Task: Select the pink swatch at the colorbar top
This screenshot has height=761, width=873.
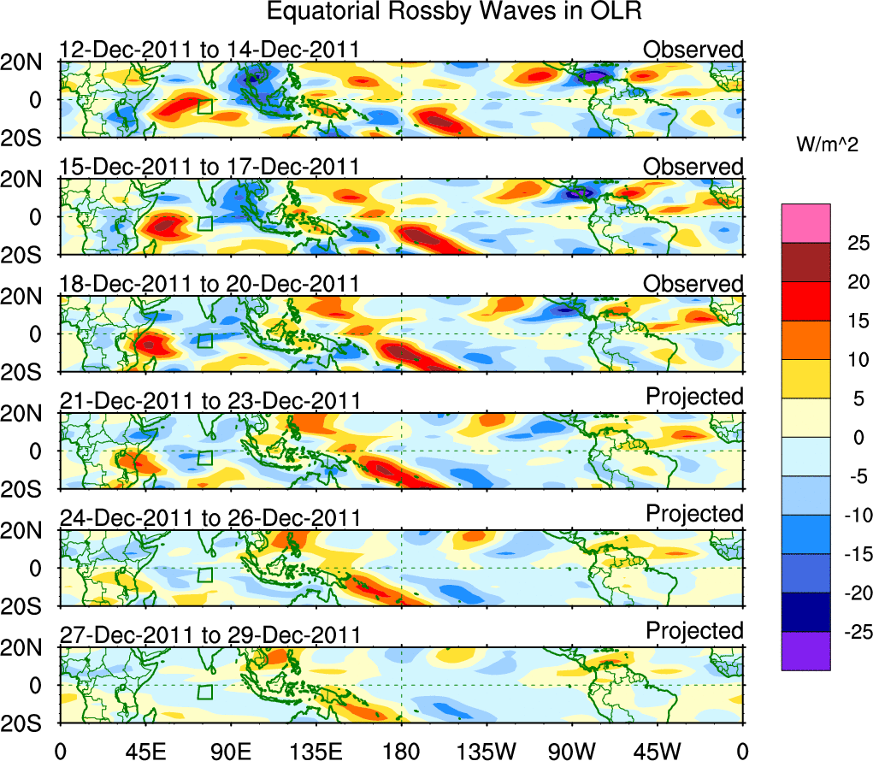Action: coord(805,223)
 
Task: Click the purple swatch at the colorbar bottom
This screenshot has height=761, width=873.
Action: coord(805,651)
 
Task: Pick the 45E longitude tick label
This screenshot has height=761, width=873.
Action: coord(145,751)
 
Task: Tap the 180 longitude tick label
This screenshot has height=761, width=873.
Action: coord(401,751)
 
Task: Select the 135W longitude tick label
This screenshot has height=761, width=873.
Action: coord(487,751)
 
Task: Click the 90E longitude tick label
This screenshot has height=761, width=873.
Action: coord(230,751)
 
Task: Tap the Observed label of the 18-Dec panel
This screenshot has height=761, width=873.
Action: coord(693,284)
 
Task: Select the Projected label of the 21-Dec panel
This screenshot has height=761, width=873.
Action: coord(694,397)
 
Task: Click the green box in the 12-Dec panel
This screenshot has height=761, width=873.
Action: coord(204,106)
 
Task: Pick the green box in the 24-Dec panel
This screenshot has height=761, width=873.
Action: coord(204,575)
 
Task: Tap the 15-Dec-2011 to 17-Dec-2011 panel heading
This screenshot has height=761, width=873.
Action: coord(209,167)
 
